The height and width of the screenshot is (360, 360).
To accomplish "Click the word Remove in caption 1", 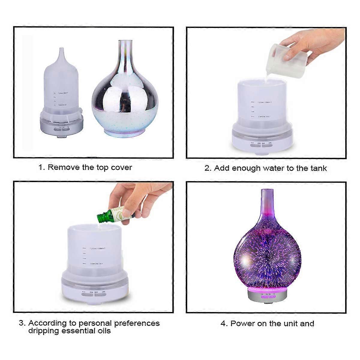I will click(x=62, y=167).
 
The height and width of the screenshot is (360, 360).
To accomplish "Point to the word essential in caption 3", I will click(x=78, y=331).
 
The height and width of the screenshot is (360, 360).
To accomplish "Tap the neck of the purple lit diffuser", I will click(x=266, y=204).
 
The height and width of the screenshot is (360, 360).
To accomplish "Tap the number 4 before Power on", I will click(x=223, y=324).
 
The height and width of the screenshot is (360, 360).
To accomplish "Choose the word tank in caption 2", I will click(x=319, y=168).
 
